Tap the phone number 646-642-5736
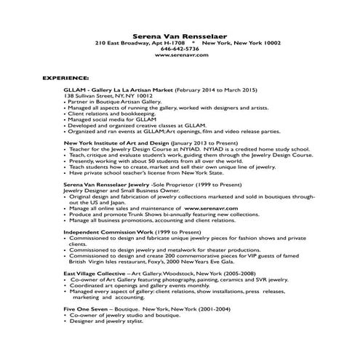point(180,49)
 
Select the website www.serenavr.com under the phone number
point(180,55)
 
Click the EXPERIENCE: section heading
point(66,76)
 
